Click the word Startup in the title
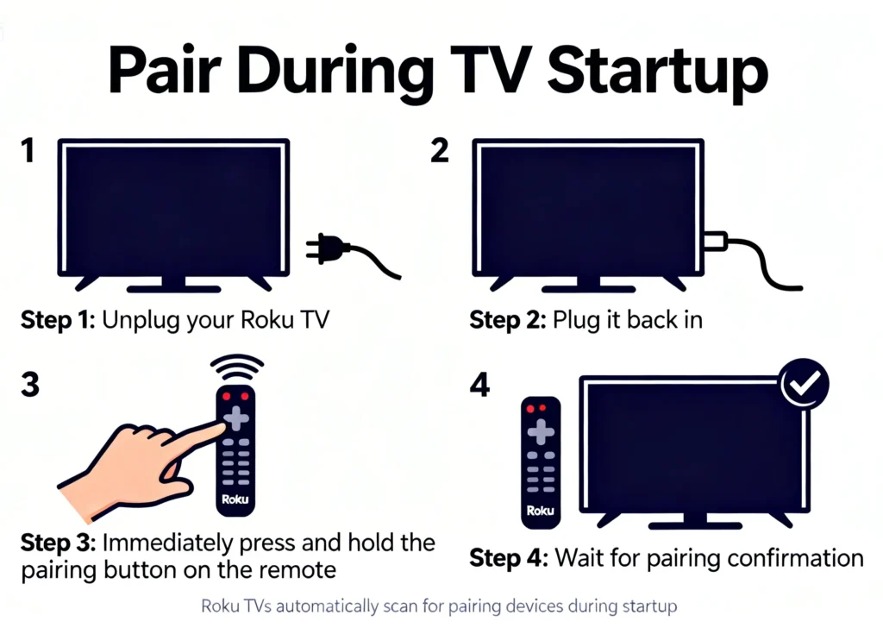(x=658, y=72)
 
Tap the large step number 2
(x=440, y=150)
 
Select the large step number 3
(x=30, y=385)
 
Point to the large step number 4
(x=479, y=385)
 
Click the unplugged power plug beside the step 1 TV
(x=328, y=248)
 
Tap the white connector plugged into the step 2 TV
(x=715, y=242)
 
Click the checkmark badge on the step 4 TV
(x=805, y=383)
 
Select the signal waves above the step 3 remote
(x=237, y=367)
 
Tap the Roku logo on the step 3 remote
(x=235, y=499)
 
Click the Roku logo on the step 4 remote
(x=540, y=511)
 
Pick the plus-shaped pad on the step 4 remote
(x=541, y=431)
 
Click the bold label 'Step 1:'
(x=58, y=319)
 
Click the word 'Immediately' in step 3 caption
(x=168, y=543)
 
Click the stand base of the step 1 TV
(x=173, y=289)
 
